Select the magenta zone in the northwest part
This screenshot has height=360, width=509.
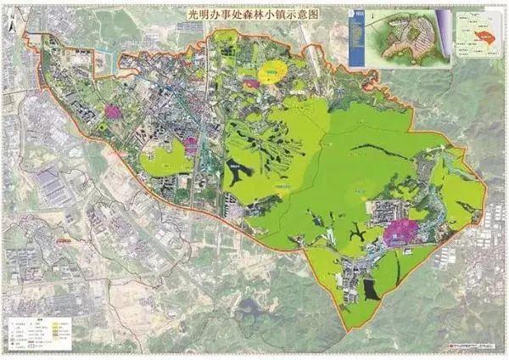coord(112,110)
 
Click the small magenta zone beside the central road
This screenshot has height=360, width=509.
coord(191,145)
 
